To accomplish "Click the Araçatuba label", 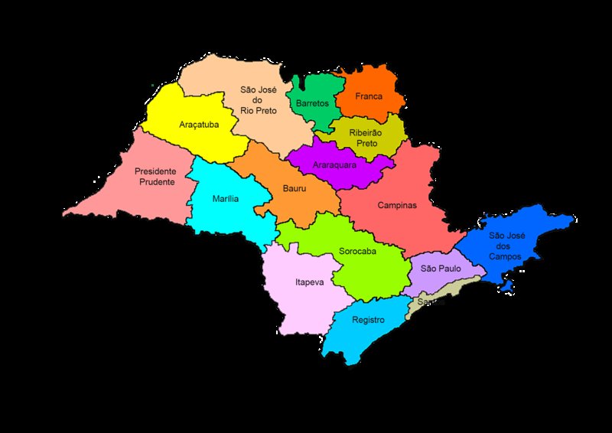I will [x=197, y=124].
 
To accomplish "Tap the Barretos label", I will [x=312, y=103].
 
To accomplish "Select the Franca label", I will [x=369, y=96].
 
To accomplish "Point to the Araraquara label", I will [x=335, y=164].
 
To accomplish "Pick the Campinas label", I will [x=397, y=205].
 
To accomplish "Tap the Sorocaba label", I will [x=357, y=251].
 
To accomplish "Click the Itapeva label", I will [x=309, y=282].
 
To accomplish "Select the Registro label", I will [x=368, y=320].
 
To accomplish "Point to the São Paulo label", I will [x=439, y=269].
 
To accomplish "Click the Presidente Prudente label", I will [x=155, y=176].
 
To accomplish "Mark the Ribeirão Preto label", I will [x=365, y=137].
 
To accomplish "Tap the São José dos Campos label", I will [x=505, y=246].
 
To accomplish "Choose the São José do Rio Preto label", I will [x=259, y=99].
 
